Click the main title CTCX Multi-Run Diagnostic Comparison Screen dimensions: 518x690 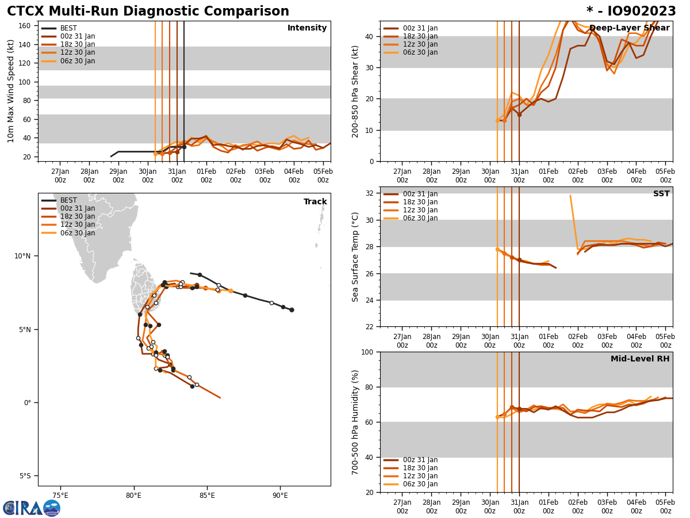coord(148,12)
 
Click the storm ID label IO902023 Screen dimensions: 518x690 coord(631,12)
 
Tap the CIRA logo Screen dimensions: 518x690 coord(31,508)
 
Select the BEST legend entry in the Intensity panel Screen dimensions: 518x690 coord(68,28)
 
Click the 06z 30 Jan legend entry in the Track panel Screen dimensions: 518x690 coord(78,233)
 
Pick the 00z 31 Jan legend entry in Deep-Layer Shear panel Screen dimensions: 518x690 coord(420,28)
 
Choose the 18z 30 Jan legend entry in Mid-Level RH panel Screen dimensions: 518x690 coord(420,468)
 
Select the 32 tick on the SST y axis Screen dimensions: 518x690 coord(369,193)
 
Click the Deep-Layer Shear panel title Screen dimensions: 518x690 coord(629,28)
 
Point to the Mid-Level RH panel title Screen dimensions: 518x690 coord(639,359)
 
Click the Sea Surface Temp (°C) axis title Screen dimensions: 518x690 coord(356,257)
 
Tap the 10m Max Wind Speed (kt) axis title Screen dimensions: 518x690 coord(11,91)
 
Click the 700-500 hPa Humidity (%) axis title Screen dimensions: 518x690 coord(356,422)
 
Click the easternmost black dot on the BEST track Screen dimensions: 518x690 coord(292,310)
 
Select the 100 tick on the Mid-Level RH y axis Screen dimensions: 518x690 coord(367,352)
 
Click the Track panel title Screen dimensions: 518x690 coord(315,202)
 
